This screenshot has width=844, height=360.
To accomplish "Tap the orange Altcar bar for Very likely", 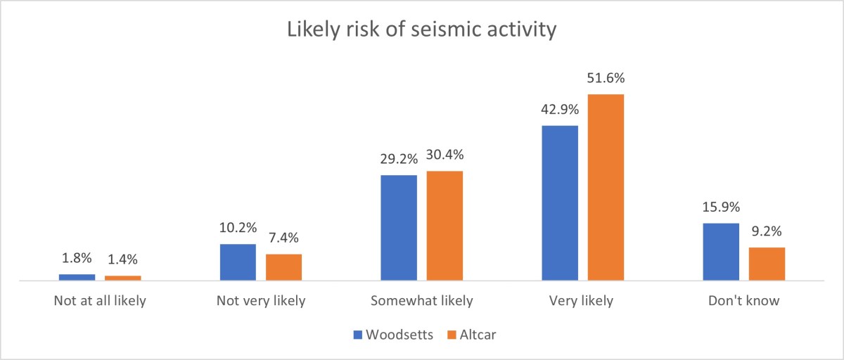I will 606,187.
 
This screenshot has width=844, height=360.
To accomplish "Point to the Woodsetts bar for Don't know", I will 721,252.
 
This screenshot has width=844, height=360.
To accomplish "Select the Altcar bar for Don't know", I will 767,264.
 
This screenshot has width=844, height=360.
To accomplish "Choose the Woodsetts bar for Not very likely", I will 238,262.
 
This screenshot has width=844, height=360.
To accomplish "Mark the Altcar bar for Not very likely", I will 283,267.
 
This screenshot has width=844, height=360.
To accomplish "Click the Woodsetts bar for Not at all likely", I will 77,277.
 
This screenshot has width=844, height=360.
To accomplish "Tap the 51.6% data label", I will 606,78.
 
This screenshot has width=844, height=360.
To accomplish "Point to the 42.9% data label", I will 560,110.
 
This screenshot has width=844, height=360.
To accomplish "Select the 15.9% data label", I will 721,208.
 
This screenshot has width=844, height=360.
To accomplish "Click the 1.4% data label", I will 123,260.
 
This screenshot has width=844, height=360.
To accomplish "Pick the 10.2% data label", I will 238,229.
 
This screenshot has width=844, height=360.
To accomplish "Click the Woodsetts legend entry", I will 393,335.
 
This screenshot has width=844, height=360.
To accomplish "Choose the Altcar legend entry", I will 471,335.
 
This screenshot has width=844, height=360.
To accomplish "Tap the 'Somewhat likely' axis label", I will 422,301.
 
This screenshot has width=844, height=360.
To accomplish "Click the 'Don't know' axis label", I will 744,301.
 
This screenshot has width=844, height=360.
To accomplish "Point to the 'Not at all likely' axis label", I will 100,301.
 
